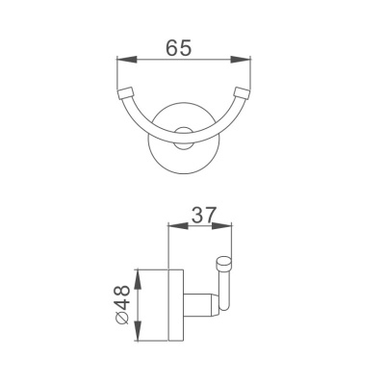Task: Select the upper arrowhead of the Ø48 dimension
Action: click(139, 275)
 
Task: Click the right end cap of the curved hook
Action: click(242, 94)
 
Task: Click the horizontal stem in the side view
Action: click(196, 306)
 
